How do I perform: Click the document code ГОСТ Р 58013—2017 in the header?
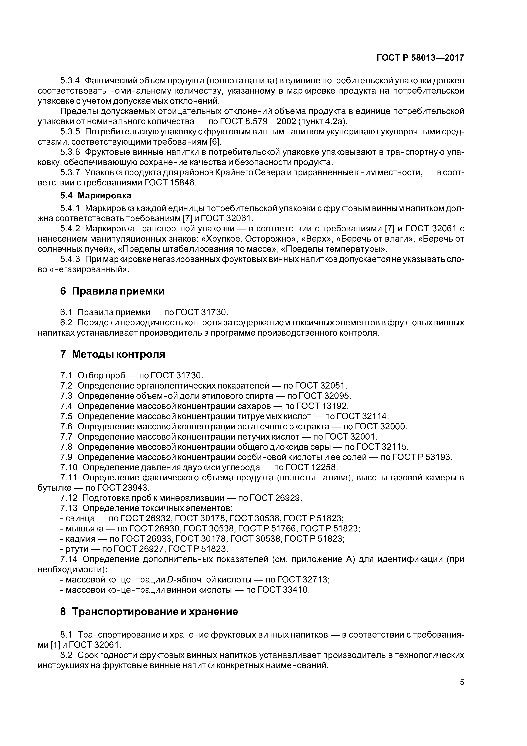(x=420, y=58)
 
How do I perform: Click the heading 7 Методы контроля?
(x=113, y=354)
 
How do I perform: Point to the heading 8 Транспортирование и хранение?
(x=149, y=611)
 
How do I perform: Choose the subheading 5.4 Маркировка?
(x=96, y=196)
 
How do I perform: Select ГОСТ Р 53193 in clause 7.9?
(x=421, y=457)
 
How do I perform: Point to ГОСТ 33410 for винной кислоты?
(x=283, y=590)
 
